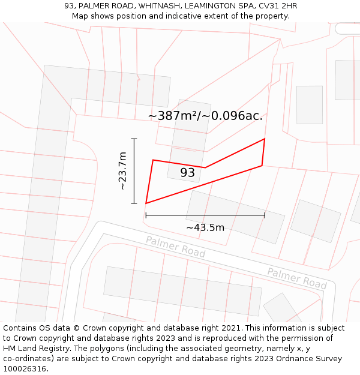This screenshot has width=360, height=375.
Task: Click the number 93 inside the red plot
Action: click(x=187, y=173)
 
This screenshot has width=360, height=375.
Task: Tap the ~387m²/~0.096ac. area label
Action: click(x=205, y=116)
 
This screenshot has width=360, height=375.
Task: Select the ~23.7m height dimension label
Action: click(x=122, y=171)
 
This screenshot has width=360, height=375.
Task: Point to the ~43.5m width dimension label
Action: click(x=205, y=227)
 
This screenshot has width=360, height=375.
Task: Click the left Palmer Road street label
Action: click(x=175, y=247)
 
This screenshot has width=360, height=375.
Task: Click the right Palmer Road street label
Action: click(x=297, y=278)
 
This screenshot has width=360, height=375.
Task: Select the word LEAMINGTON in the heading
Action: click(x=209, y=6)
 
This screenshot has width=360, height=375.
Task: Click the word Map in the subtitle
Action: click(x=81, y=16)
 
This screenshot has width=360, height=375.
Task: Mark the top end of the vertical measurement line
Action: click(x=134, y=139)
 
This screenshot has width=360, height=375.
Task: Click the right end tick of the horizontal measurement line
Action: click(x=265, y=215)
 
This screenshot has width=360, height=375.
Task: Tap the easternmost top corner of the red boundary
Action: click(x=265, y=139)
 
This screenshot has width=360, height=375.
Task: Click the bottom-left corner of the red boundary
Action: click(x=146, y=203)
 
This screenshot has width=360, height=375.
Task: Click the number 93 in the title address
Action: click(x=69, y=6)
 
